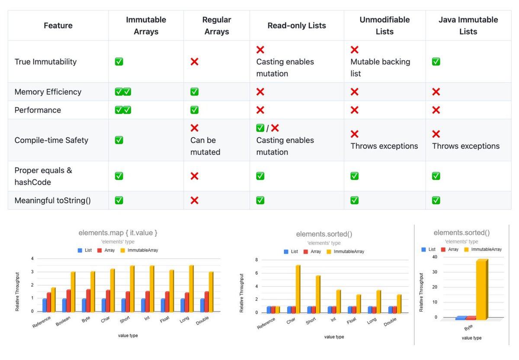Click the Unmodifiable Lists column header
384,26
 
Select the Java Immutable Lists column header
468,26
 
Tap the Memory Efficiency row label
48,92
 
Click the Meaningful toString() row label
53,200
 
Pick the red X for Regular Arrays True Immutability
194,62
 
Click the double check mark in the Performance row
123,110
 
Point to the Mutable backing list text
380,67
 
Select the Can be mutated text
205,146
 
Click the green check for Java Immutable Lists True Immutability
436,62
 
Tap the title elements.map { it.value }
118,232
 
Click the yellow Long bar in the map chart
191,289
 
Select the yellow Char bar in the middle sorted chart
298,289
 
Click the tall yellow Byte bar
482,289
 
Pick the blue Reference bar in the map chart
45,305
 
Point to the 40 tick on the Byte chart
435,257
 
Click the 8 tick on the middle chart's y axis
256,260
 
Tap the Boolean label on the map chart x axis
63,321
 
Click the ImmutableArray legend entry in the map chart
139,251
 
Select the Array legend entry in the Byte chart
450,249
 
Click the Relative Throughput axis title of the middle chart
241,293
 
